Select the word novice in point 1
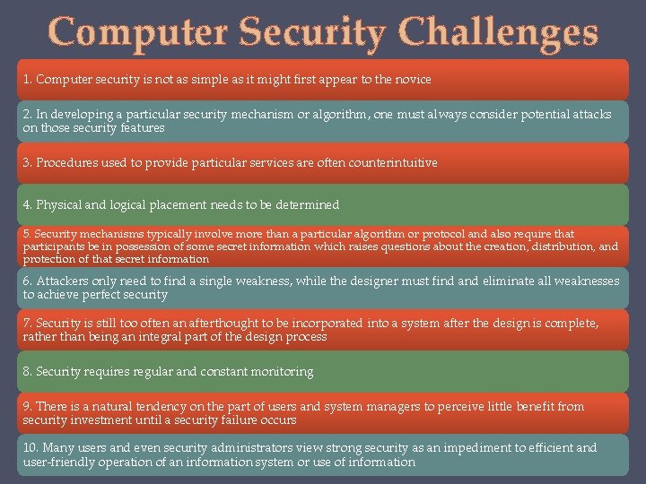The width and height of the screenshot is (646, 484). tap(412, 80)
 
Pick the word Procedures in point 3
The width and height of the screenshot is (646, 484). tap(65, 163)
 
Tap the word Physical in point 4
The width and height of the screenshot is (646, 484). tap(59, 205)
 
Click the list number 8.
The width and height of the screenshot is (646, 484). tap(27, 372)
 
